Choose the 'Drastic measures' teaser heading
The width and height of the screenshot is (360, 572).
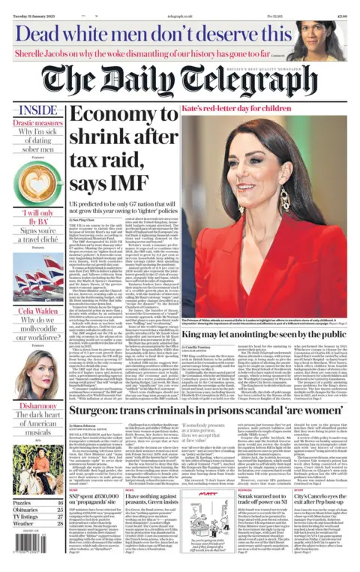[x=28, y=122]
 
